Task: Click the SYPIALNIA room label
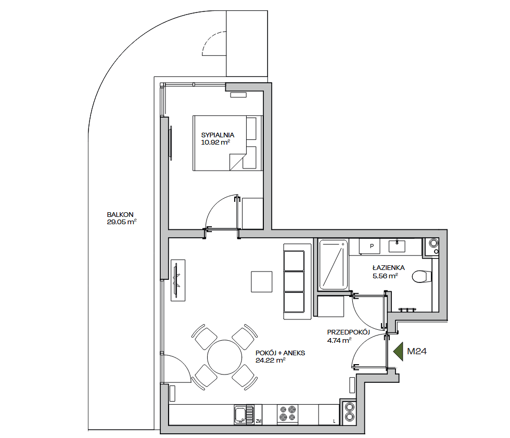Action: point(218,135)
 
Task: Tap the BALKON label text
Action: point(120,215)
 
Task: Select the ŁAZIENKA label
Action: point(388,267)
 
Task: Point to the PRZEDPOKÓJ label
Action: point(348,332)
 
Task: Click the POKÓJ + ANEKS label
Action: point(280,353)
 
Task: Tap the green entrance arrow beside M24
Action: point(399,352)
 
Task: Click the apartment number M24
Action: point(417,351)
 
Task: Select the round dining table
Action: point(224,357)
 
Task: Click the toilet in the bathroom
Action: point(422,277)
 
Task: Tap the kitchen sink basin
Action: point(240,415)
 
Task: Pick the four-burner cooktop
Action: point(287,414)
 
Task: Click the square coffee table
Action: point(261,281)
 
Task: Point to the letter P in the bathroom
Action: point(372,246)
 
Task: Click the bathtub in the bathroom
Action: point(334,265)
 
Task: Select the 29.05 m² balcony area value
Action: point(122,222)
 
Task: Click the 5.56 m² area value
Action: point(385,276)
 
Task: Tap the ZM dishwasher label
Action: point(259,421)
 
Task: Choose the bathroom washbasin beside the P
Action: point(397,246)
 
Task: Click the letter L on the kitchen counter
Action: point(334,421)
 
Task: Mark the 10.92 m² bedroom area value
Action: point(215,142)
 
